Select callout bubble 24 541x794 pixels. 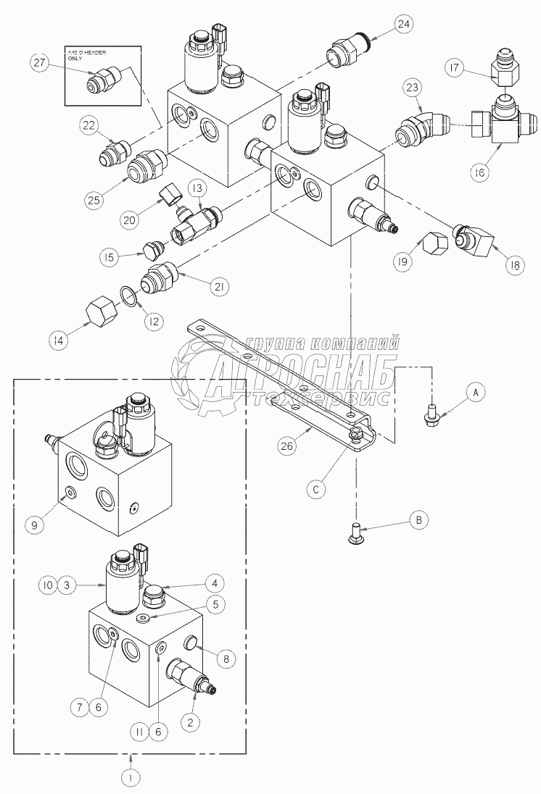pyautogui.click(x=404, y=24)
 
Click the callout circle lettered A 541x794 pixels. pyautogui.click(x=475, y=392)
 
